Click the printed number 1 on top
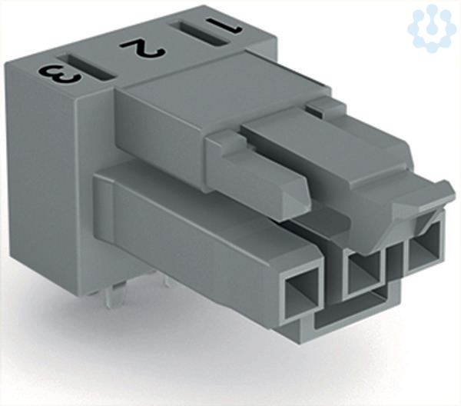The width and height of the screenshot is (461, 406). pyautogui.click(x=223, y=25)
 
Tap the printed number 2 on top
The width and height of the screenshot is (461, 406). pyautogui.click(x=143, y=48)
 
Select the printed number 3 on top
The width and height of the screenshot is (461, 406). pyautogui.click(x=60, y=75)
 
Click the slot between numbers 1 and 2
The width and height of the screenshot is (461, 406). pyautogui.click(x=200, y=34)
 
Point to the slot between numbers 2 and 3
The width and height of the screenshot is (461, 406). pyautogui.click(x=85, y=66)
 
